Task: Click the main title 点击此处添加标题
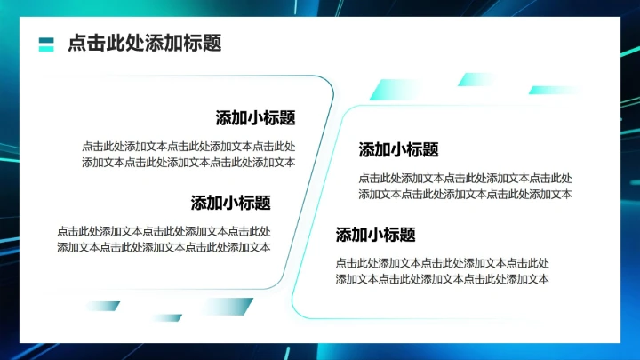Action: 144,44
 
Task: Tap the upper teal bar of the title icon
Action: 47,39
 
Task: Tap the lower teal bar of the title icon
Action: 47,48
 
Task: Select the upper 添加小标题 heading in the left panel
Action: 255,118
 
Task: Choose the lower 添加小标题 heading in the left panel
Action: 230,203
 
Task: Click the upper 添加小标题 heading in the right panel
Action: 398,149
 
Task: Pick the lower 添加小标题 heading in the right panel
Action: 375,235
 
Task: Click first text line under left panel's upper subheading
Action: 188,146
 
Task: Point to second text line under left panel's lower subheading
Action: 164,247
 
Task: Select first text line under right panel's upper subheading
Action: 465,178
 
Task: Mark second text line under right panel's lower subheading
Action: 442,279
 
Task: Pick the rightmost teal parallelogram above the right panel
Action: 553,90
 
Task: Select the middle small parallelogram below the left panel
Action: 166,317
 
